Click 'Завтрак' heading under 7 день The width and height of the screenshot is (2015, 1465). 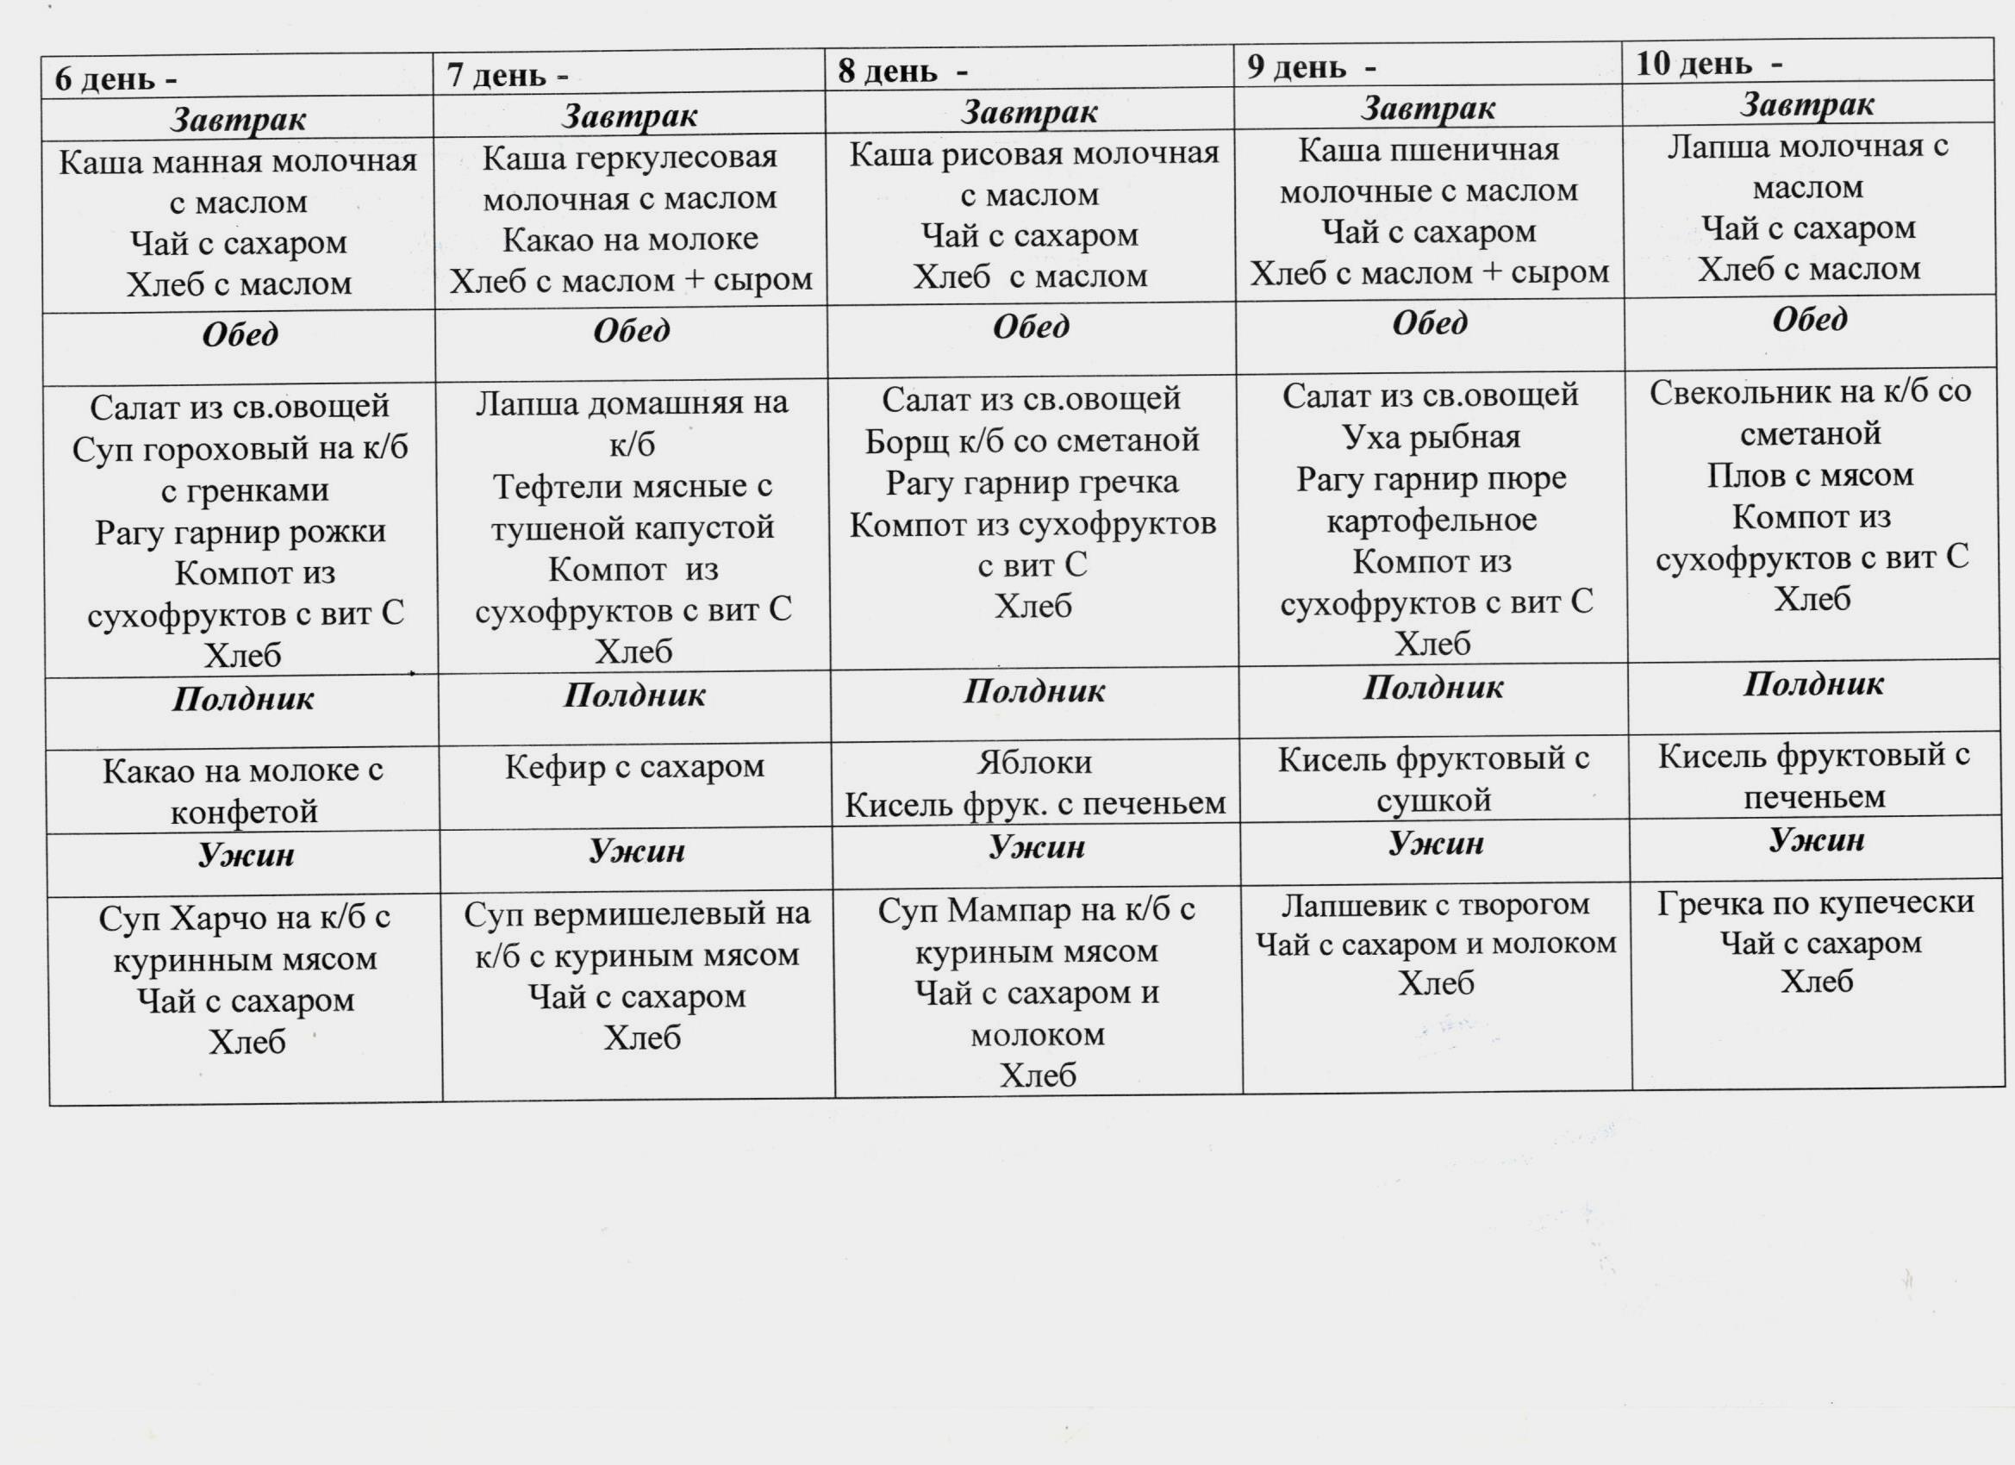tap(630, 115)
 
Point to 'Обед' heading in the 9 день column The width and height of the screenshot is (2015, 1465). tap(1430, 322)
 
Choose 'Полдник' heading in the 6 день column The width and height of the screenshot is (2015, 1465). tap(242, 698)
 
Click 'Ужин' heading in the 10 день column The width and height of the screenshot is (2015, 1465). tap(1816, 839)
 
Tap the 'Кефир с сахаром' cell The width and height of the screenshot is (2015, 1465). tap(634, 766)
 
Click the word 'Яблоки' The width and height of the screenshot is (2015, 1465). tap(1034, 762)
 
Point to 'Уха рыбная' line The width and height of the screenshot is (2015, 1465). tap(1431, 437)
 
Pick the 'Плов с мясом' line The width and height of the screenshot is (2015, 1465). tap(1810, 476)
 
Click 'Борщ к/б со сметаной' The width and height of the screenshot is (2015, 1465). tap(1032, 440)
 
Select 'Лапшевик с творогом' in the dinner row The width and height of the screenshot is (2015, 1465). tap(1435, 904)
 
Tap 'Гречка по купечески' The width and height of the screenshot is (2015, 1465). tap(1815, 902)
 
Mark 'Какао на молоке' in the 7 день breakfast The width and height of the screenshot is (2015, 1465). tap(630, 239)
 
